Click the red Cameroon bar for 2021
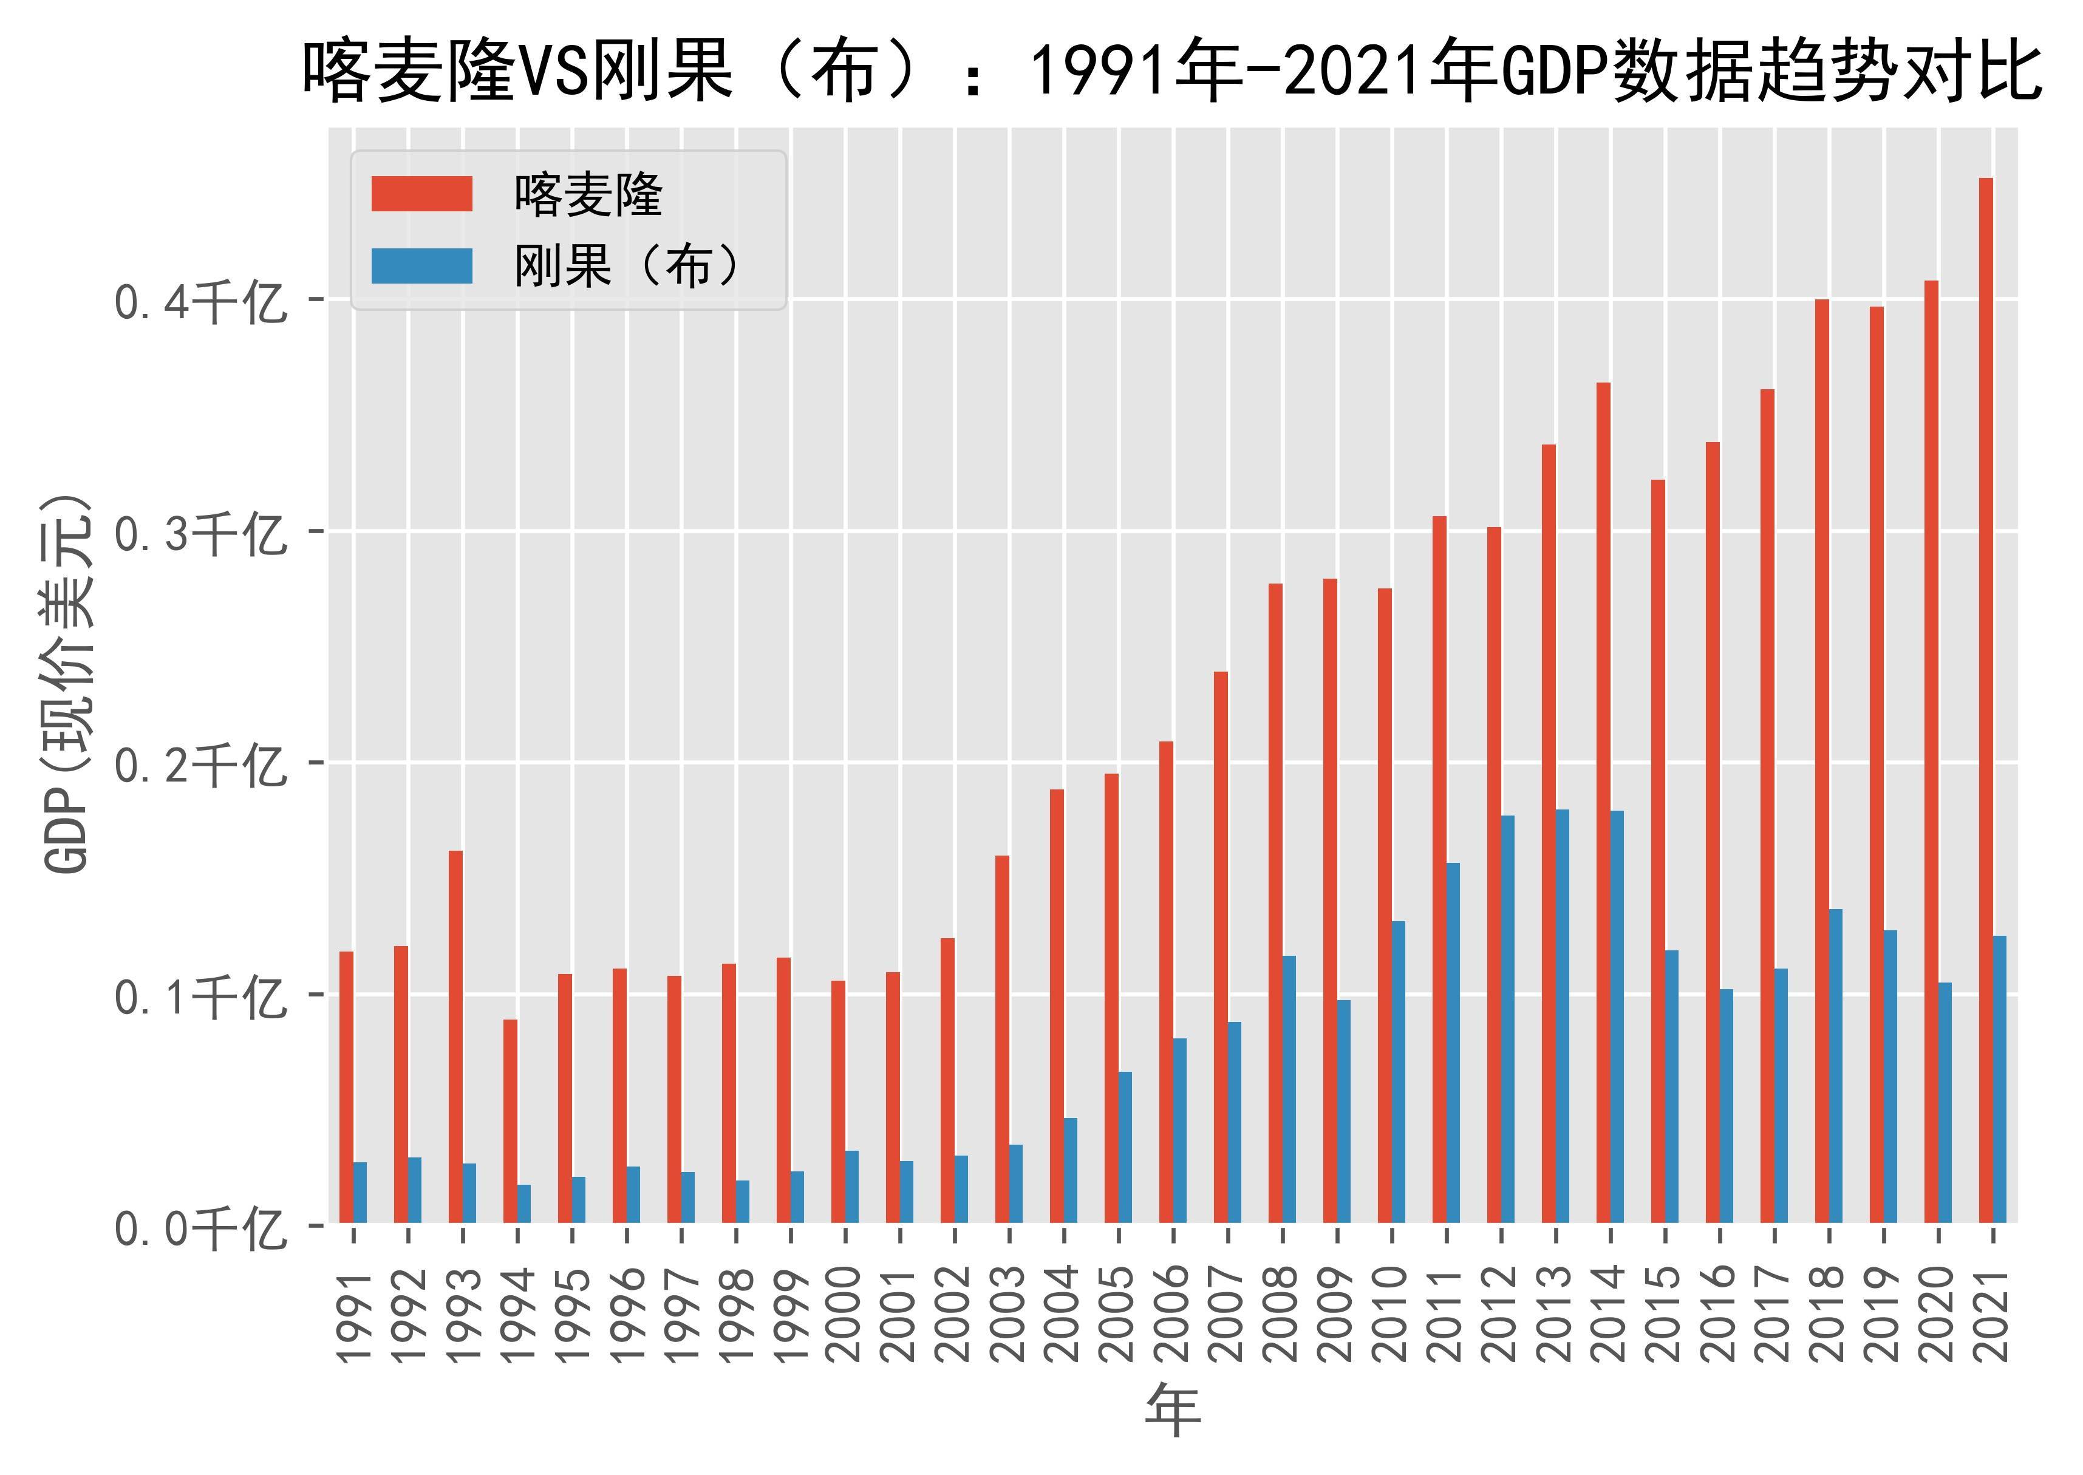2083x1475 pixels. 1986,700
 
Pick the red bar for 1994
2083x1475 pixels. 511,1121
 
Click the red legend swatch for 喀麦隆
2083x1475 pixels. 421,194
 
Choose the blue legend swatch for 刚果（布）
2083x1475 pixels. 421,266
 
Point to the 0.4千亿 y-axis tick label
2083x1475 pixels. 200,302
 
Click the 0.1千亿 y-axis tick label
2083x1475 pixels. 200,997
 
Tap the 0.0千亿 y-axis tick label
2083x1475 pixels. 200,1230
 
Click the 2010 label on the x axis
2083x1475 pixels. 1393,1314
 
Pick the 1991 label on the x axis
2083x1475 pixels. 354,1314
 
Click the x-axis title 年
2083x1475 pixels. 1173,1411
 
